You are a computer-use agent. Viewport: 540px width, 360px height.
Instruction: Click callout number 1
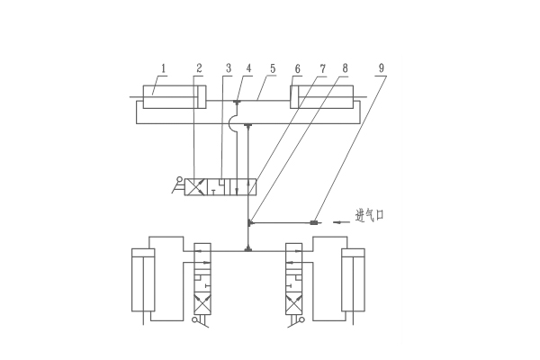coord(164,68)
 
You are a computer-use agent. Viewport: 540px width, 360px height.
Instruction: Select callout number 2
coord(199,68)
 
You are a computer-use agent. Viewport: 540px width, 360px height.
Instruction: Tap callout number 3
coord(229,68)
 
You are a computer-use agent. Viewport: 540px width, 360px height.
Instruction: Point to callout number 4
coord(249,68)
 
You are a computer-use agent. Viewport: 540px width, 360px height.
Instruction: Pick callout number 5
coord(273,68)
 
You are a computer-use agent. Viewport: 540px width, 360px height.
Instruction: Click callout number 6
coord(298,68)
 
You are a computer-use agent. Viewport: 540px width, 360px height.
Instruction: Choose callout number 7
coord(322,68)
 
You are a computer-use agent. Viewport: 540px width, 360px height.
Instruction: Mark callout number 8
coord(345,68)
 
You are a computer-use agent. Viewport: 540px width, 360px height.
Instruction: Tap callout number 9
coord(382,68)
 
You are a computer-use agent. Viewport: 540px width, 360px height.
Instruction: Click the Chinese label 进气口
coord(370,215)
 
